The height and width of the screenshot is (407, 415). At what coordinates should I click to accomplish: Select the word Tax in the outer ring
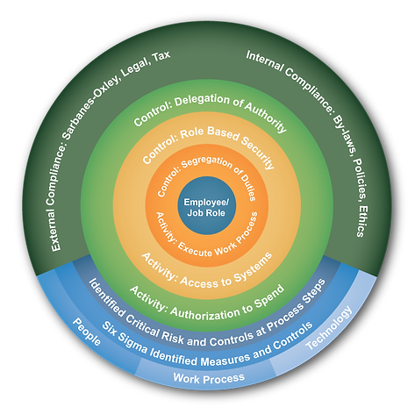point(161,57)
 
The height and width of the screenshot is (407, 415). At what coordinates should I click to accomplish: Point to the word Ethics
point(361,221)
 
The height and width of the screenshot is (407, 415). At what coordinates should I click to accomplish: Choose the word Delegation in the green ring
point(202,101)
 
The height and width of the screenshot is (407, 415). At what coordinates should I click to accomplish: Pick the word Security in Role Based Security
point(258,152)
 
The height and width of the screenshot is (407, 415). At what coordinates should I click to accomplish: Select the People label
point(87,332)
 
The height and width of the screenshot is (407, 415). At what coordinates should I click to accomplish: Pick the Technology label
point(329,328)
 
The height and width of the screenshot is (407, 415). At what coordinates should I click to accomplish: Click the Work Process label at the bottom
point(209,378)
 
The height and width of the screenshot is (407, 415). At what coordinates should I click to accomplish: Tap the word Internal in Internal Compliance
point(264,61)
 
